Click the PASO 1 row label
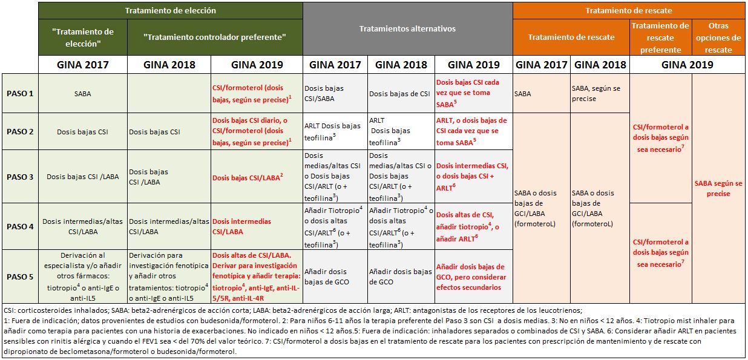[21, 93]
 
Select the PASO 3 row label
[21, 177]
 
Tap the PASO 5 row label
[21, 277]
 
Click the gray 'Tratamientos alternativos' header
[407, 29]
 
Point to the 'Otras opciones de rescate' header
[718, 38]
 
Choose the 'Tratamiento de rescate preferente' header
[660, 38]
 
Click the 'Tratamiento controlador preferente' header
[223, 37]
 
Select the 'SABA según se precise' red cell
[718, 189]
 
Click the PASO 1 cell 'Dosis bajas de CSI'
[399, 93]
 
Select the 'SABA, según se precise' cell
[600, 93]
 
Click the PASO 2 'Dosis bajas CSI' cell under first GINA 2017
[84, 131]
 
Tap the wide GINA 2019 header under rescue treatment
[687, 65]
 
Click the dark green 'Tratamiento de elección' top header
[170, 10]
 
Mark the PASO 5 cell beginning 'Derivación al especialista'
[84, 277]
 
